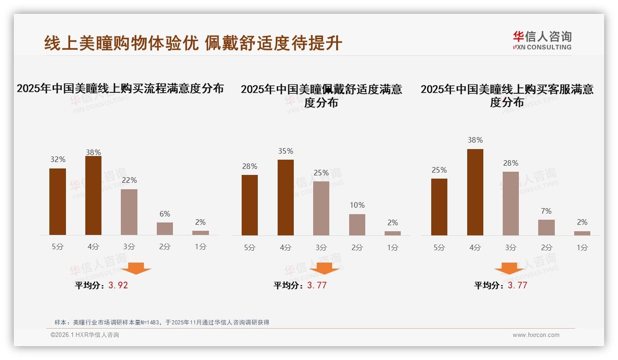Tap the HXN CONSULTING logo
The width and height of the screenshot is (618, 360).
click(542, 41)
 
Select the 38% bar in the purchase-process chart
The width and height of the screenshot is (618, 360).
click(93, 196)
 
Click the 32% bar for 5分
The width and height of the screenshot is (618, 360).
click(58, 202)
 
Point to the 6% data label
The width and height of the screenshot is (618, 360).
click(165, 214)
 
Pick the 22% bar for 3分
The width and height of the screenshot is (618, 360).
click(129, 212)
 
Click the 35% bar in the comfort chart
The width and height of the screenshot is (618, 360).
click(285, 198)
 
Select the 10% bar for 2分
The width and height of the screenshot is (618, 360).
click(357, 225)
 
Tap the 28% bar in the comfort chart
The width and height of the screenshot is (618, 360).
click(250, 205)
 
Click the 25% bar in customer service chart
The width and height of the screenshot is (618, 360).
click(439, 207)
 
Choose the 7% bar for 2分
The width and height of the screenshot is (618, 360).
click(547, 228)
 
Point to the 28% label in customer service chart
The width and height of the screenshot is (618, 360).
click(511, 163)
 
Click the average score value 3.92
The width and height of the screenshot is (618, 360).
click(118, 285)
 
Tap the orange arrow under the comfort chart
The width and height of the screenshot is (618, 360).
click(324, 268)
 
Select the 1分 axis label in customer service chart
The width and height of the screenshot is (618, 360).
click(582, 247)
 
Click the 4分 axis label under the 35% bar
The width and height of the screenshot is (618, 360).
click(285, 247)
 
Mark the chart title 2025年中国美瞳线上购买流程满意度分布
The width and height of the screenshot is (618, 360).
click(120, 88)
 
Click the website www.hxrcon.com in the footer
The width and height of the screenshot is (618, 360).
click(536, 335)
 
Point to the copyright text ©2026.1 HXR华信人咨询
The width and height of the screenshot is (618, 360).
click(85, 335)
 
